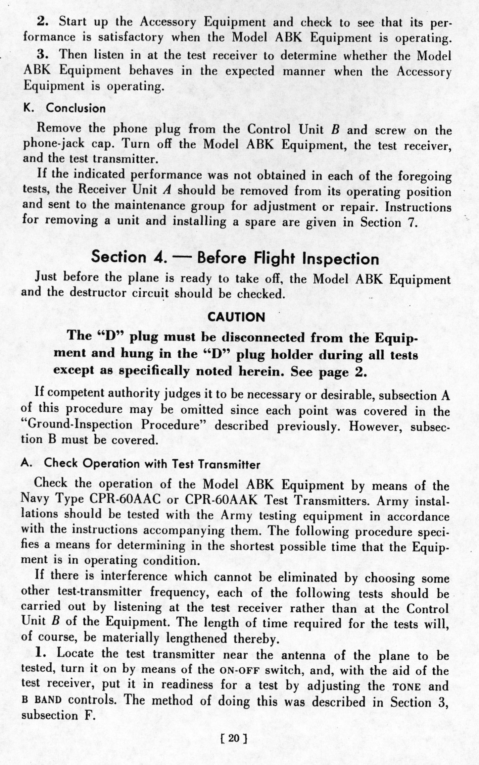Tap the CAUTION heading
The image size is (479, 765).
236,317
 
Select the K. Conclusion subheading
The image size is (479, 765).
65,108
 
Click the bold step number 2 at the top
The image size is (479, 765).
43,22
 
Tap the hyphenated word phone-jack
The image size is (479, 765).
54,144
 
